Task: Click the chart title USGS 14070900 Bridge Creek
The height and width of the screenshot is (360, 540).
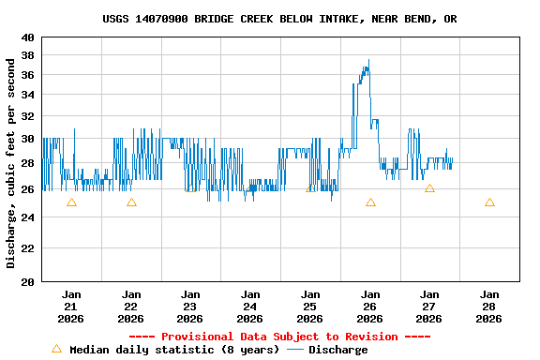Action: (x=279, y=19)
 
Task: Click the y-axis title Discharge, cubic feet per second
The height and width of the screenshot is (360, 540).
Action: (x=11, y=163)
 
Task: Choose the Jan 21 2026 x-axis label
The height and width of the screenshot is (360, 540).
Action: (x=71, y=306)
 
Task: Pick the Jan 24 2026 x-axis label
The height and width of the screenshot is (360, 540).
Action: (x=250, y=306)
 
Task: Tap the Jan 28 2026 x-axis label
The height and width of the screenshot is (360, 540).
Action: (x=488, y=306)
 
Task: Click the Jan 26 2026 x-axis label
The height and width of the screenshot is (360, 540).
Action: (x=369, y=306)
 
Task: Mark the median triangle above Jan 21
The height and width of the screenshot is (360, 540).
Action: (x=71, y=202)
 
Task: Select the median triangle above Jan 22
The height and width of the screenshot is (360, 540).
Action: (x=131, y=202)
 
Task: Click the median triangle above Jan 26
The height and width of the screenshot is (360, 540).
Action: (x=370, y=202)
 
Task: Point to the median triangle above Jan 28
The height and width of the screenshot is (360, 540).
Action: (x=489, y=202)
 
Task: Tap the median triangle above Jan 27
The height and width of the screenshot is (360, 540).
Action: (x=429, y=188)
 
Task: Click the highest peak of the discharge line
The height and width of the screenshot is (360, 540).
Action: (x=368, y=61)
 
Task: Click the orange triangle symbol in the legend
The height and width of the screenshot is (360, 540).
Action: (x=56, y=349)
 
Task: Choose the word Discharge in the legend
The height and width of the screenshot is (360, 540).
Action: (x=337, y=350)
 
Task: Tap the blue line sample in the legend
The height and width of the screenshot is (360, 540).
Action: (x=295, y=350)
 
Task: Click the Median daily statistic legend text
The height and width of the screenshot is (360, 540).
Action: (x=174, y=350)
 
